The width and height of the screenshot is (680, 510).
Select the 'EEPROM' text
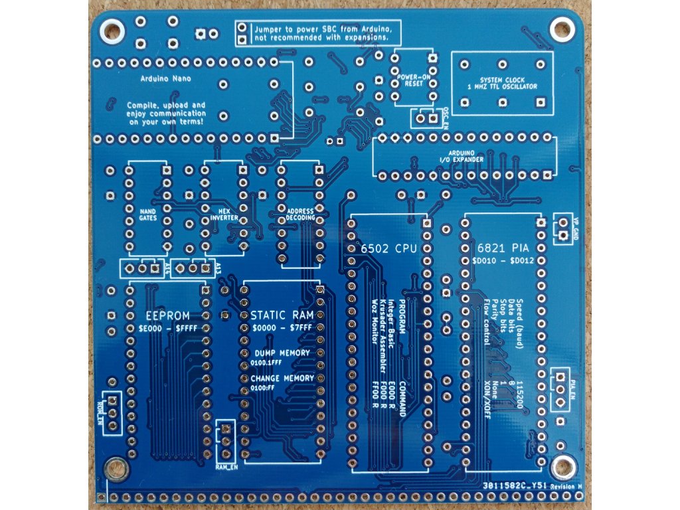pos(167,315)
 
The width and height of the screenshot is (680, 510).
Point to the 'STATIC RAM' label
pos(278,315)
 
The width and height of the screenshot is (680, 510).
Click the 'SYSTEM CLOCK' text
pos(502,80)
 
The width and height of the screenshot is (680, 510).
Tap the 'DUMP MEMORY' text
pos(282,353)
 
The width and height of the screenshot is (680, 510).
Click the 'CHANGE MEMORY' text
pos(282,378)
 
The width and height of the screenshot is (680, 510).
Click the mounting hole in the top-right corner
pos(564,28)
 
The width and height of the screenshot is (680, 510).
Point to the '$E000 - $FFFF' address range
pos(167,329)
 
